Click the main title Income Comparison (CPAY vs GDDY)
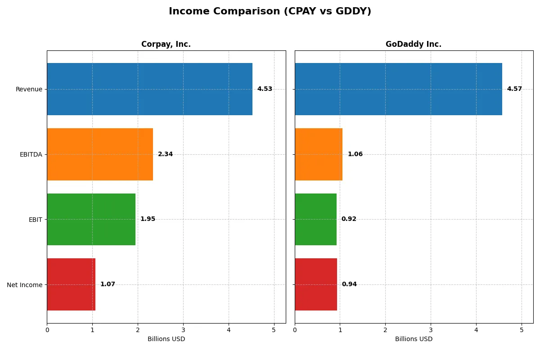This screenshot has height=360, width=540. coord(270,12)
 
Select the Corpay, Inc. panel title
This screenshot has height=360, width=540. coord(166,44)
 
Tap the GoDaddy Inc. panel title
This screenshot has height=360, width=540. coord(414,44)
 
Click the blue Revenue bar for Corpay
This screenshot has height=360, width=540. coord(149,89)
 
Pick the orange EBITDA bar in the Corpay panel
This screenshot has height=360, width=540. coord(100,154)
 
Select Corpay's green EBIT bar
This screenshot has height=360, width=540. coord(91,219)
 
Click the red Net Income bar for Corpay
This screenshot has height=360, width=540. coord(71,284)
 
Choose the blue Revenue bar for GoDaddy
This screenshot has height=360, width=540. coord(398,89)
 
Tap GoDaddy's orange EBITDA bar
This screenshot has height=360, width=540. coord(319,154)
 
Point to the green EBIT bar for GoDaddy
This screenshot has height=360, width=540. coord(315,219)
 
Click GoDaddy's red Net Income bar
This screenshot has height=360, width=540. coord(316,284)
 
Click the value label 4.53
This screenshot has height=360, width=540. coord(265,89)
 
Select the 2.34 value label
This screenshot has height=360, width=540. coord(165,154)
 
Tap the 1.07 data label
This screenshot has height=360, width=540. coord(108,284)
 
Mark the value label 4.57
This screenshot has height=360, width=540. coord(514,89)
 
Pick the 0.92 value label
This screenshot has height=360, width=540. coord(349,219)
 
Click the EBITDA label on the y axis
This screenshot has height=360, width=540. coord(31,154)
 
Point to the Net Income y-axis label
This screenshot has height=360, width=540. coord(25,285)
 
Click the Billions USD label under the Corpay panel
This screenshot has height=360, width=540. coord(166,339)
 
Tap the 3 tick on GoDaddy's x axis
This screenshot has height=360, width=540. coord(431,330)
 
